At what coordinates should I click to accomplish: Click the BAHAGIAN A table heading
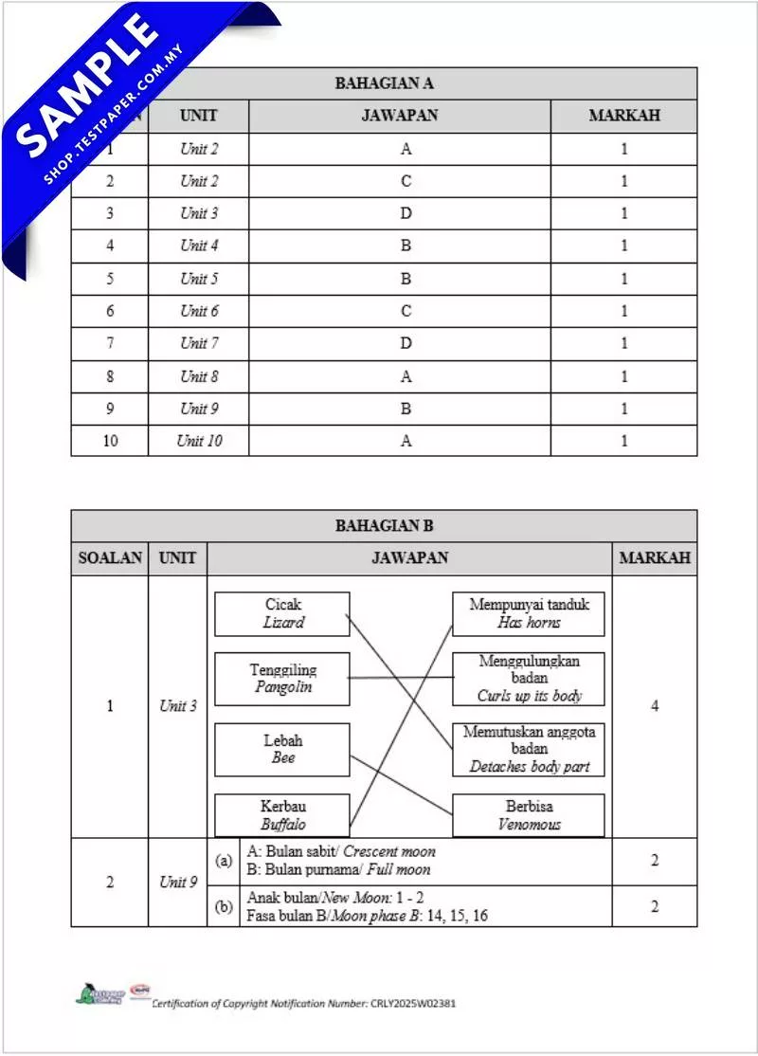coord(384,83)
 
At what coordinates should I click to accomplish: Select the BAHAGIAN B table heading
coord(384,525)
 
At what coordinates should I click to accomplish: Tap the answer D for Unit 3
coord(406,213)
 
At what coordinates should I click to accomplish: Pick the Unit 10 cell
coord(199,441)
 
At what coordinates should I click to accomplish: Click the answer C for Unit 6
coord(406,311)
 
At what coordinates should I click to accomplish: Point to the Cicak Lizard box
coord(282,613)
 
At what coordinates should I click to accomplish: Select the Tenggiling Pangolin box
coord(282,678)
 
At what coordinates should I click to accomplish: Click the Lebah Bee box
coord(282,749)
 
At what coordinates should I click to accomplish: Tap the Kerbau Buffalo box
coord(282,815)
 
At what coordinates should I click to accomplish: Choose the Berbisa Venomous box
coord(529,815)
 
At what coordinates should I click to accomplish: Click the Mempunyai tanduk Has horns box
coord(529,613)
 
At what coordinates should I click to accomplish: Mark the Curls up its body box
coord(529,678)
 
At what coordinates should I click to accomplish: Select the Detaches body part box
coord(529,749)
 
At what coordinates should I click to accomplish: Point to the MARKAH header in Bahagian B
coord(654,558)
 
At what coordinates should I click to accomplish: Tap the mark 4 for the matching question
coord(654,706)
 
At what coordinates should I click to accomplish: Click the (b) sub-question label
coord(224,906)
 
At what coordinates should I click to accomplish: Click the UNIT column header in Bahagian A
coord(198,116)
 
